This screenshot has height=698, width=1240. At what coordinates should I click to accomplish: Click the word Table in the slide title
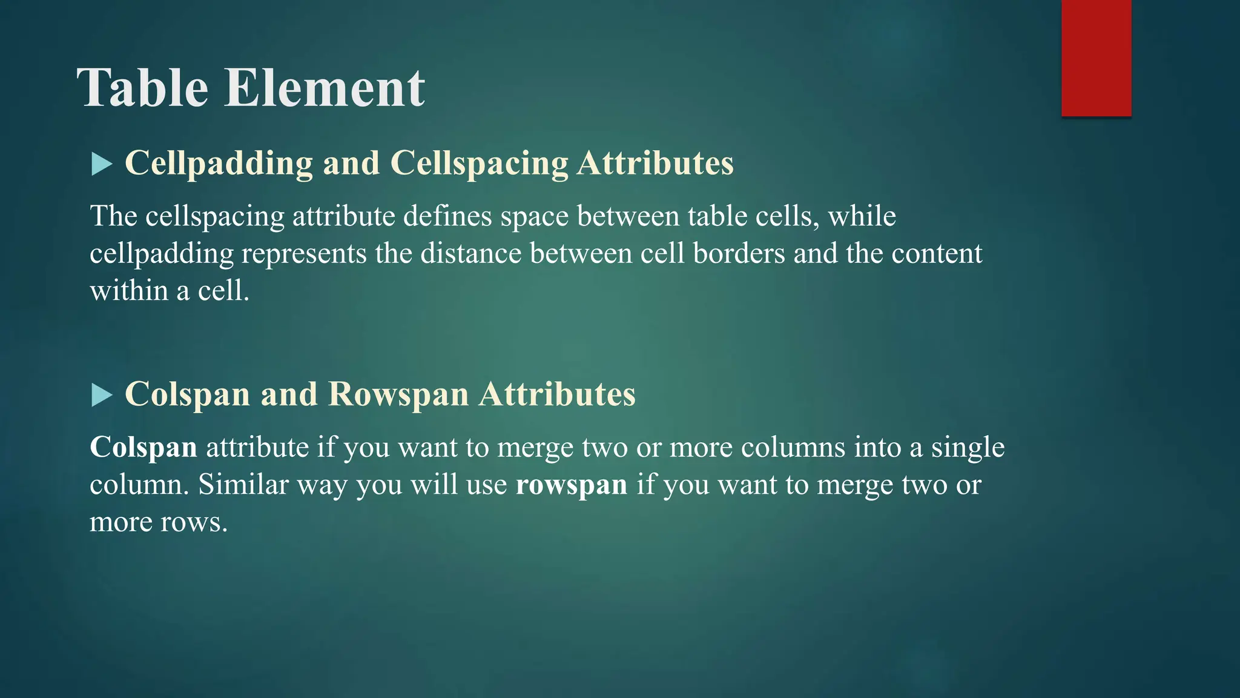pyautogui.click(x=143, y=88)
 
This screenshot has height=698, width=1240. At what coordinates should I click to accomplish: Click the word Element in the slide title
pyautogui.click(x=325, y=88)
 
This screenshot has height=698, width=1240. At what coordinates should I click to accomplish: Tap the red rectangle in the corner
pyautogui.click(x=1096, y=58)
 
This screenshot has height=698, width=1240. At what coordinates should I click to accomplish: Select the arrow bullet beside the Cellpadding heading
pyautogui.click(x=102, y=164)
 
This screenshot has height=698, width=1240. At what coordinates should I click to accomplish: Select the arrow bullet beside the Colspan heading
pyautogui.click(x=102, y=396)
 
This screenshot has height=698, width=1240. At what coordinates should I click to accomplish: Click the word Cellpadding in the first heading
pyautogui.click(x=219, y=164)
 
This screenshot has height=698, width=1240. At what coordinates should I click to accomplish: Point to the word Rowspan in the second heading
pyautogui.click(x=398, y=395)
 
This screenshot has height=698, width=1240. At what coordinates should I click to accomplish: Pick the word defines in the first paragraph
pyautogui.click(x=447, y=216)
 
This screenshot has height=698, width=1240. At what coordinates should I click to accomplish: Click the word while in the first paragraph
pyautogui.click(x=862, y=216)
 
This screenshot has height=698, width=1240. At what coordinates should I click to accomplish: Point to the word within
pyautogui.click(x=128, y=291)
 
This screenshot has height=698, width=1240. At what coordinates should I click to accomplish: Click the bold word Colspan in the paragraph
pyautogui.click(x=143, y=448)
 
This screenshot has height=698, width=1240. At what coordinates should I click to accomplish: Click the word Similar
pyautogui.click(x=243, y=485)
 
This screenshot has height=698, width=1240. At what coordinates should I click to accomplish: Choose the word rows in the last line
pyautogui.click(x=193, y=522)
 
